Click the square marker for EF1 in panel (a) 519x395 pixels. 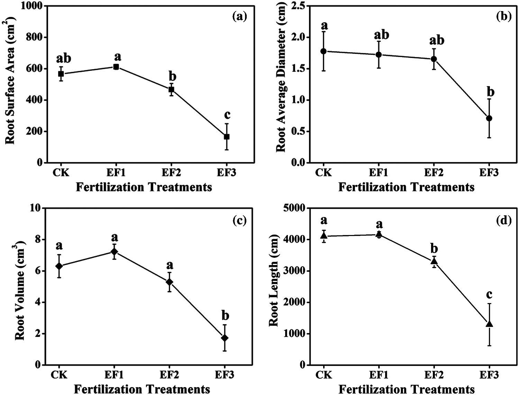click(116, 67)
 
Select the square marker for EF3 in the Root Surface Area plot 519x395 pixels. click(227, 137)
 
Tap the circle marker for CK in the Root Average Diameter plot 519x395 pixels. click(324, 51)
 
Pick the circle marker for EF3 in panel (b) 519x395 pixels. click(489, 118)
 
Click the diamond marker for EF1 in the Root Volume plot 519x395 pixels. click(114, 252)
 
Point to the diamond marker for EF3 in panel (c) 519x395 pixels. click(225, 338)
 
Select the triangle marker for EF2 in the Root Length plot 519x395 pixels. click(434, 261)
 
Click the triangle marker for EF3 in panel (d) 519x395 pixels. click(489, 324)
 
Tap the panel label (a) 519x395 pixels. click(240, 16)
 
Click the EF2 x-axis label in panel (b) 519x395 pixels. click(434, 172)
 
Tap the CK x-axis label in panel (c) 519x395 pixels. click(59, 375)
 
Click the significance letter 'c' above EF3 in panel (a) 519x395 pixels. click(227, 115)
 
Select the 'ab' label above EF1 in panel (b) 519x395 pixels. click(382, 35)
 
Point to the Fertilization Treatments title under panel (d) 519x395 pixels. click(406, 389)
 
